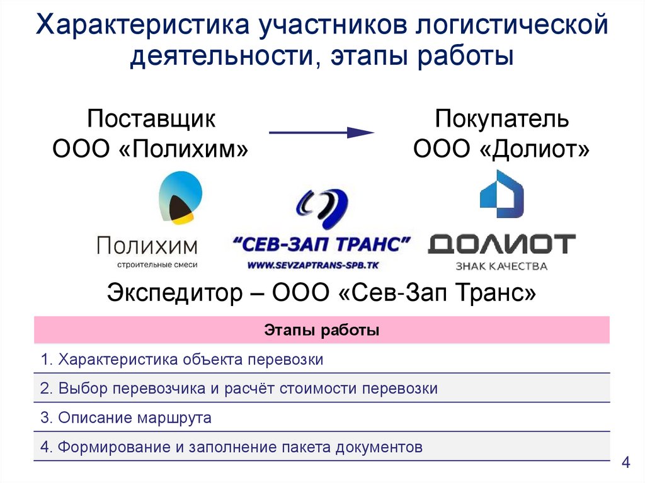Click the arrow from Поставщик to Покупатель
(322, 132)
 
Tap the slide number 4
(625, 463)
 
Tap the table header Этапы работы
(321, 331)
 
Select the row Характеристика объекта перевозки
(182, 360)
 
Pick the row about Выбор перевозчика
(239, 389)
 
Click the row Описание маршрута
(126, 418)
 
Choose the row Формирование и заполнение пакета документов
(231, 447)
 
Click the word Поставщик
(151, 119)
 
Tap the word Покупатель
(502, 119)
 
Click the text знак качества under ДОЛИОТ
(501, 266)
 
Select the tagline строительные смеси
(147, 264)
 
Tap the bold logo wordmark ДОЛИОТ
(501, 244)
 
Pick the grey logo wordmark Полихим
(147, 244)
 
